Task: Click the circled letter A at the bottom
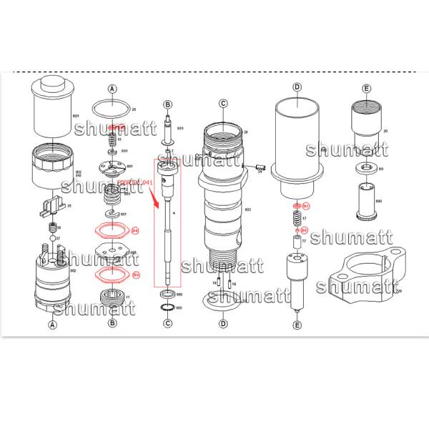51,324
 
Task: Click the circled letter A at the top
112,89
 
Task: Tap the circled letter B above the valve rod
167,104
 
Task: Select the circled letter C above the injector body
223,104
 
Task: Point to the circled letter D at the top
297,87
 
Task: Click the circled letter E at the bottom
297,325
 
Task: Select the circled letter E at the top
366,89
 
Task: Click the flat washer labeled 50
368,169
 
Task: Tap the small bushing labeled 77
295,242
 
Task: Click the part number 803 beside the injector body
248,209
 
